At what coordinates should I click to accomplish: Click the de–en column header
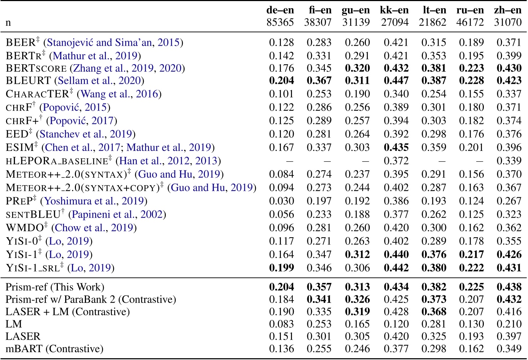[x=280, y=10]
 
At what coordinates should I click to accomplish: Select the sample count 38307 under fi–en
[x=318, y=22]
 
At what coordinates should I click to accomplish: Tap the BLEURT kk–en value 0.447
[x=396, y=81]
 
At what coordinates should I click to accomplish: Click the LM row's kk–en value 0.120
[x=396, y=324]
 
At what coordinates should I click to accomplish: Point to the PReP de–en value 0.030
[x=281, y=201]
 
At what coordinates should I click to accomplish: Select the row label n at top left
[x=8, y=23]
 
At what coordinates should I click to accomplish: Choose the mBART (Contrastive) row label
[x=55, y=349]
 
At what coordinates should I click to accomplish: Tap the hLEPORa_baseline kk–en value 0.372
[x=396, y=161]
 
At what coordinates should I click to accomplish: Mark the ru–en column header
[x=470, y=10]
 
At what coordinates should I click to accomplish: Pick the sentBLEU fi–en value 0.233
[x=319, y=214]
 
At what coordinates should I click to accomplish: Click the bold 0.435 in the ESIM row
[x=396, y=147]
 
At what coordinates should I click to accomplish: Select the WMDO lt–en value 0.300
[x=434, y=228]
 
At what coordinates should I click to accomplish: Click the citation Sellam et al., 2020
[x=99, y=81]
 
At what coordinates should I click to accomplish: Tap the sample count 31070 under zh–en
[x=508, y=22]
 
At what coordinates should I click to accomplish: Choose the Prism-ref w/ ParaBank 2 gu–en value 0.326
[x=357, y=299]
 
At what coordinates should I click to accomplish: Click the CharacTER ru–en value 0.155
[x=471, y=94]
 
